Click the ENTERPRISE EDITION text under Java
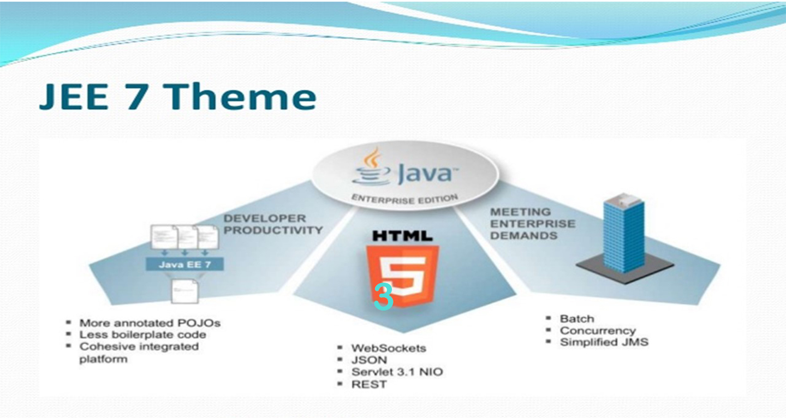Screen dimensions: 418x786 click(404, 198)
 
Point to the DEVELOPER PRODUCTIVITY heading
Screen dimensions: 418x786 click(273, 224)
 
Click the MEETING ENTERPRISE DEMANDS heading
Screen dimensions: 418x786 click(532, 223)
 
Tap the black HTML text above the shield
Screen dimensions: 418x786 click(402, 236)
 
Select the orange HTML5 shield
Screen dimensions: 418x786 click(402, 276)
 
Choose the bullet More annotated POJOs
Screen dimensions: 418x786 click(150, 323)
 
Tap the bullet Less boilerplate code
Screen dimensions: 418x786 click(143, 335)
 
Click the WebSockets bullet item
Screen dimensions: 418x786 click(389, 348)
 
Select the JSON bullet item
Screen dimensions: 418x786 click(370, 360)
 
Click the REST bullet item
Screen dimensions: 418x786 click(369, 384)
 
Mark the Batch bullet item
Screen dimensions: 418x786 click(577, 319)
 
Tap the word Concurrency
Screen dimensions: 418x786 click(598, 331)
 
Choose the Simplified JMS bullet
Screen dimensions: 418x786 click(604, 343)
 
